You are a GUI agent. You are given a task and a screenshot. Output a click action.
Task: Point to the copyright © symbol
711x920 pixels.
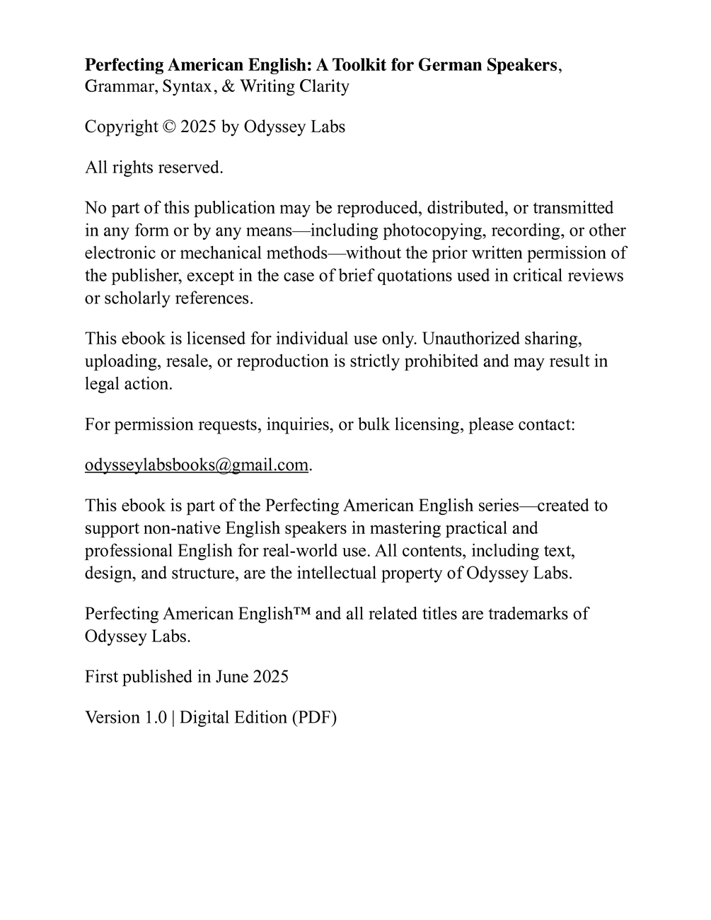coord(168,127)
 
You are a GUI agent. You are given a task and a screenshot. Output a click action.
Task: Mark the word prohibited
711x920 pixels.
coord(429,361)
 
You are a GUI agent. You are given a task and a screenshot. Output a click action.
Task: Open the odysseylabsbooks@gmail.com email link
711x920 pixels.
coord(197,465)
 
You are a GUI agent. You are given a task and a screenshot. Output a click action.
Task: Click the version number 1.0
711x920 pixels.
coord(155,718)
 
